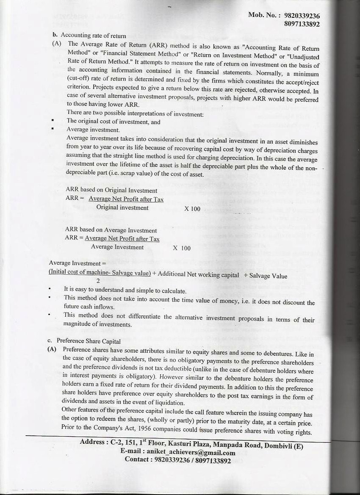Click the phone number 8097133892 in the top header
(x=302, y=24)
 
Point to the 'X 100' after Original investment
(x=192, y=209)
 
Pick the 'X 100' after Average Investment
(x=182, y=248)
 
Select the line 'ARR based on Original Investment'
(x=111, y=191)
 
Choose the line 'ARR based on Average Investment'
(x=111, y=230)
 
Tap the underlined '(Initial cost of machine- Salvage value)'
(x=100, y=274)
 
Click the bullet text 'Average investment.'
(x=93, y=130)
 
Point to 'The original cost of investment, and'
(x=114, y=122)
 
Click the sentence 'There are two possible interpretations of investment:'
(x=135, y=113)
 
